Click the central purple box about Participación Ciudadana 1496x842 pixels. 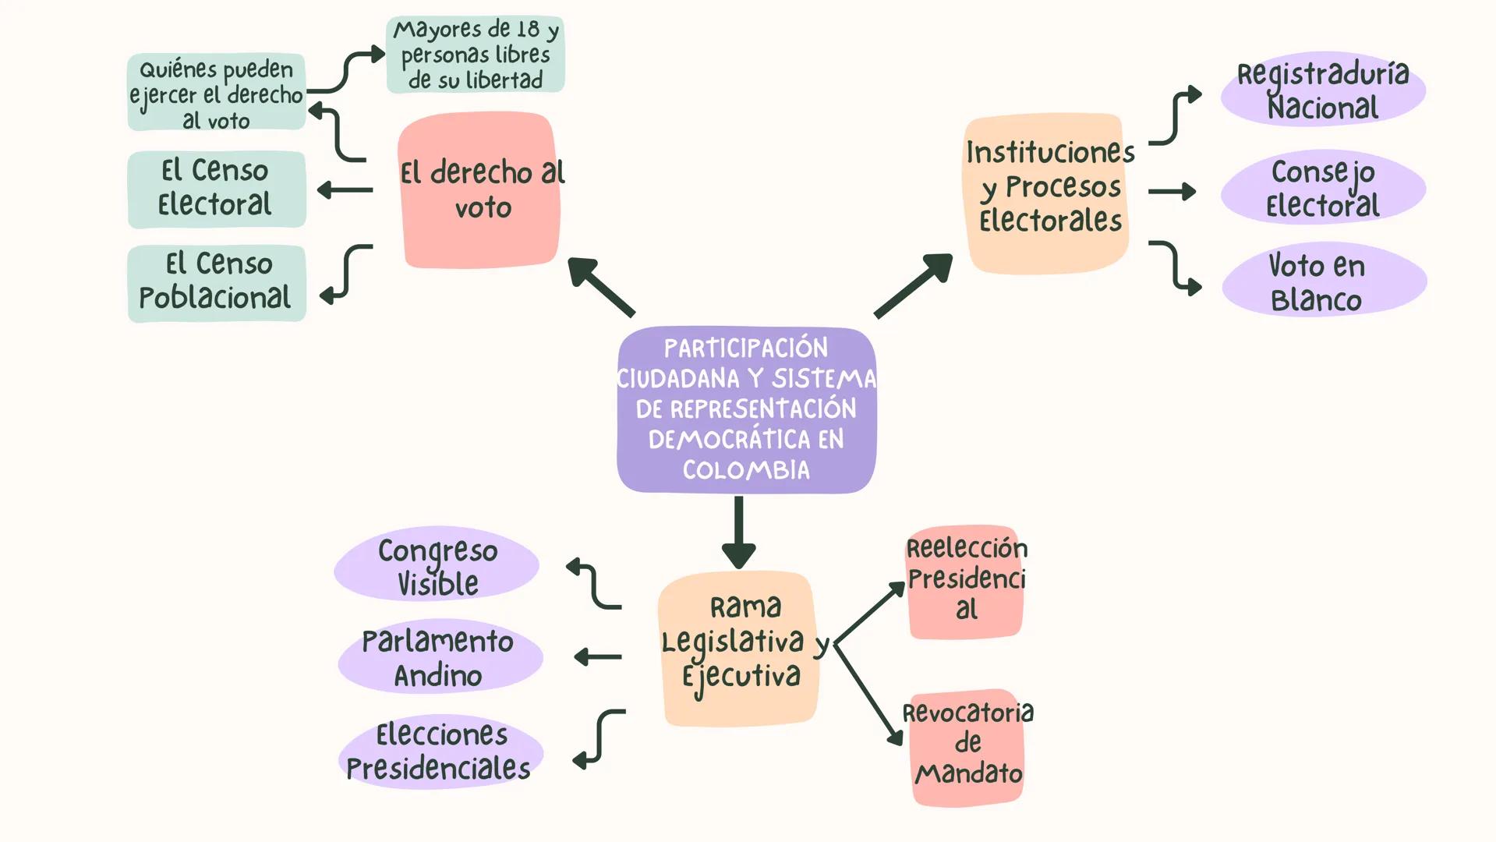[746, 409]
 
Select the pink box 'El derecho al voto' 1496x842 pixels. [479, 190]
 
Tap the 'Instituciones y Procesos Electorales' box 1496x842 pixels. [1046, 193]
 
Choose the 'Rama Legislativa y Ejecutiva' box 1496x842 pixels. [738, 649]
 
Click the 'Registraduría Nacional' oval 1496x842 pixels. [1323, 90]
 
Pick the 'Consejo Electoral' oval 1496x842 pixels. [1323, 188]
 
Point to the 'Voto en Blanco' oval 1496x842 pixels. [1324, 281]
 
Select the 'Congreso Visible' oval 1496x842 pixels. [437, 565]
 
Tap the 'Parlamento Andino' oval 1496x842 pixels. [440, 657]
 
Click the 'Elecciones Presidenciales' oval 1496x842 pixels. [440, 751]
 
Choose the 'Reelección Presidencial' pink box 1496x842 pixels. [965, 581]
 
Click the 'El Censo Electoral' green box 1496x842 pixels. [217, 189]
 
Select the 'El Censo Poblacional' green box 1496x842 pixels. [217, 282]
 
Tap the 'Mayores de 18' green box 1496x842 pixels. [476, 55]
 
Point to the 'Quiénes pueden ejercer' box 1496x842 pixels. [217, 93]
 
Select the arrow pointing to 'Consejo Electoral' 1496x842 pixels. [1172, 191]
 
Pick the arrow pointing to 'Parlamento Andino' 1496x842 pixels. [598, 657]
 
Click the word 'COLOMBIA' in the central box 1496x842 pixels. [746, 470]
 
